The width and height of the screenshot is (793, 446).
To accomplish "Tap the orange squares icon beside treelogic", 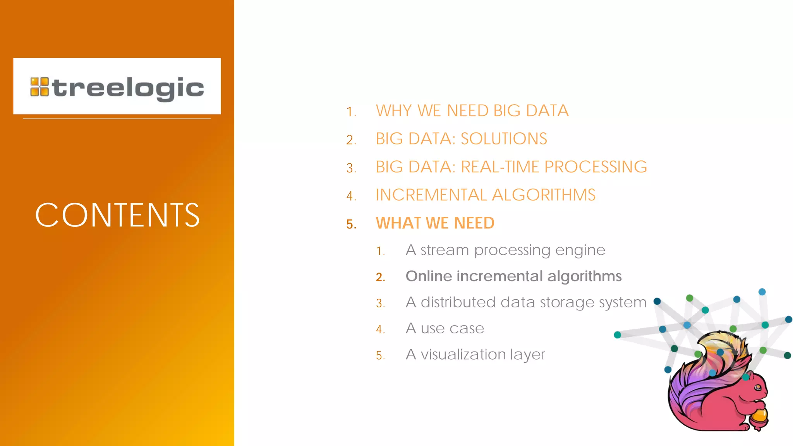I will coord(39,87).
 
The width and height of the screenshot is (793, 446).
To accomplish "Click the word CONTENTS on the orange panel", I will coord(117,215).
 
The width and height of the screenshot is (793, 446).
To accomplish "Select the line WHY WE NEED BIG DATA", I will coord(472,111).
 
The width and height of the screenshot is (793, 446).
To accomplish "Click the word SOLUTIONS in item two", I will coord(504,139).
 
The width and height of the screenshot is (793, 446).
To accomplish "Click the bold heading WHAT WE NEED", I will coord(435,223).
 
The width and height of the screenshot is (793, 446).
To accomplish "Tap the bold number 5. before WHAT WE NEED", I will coord(351,224).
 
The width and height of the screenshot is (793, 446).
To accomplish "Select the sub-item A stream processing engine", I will coord(505,250).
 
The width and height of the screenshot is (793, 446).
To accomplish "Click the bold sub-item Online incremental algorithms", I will coord(513,276).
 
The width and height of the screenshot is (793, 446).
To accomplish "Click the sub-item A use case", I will coord(445,328).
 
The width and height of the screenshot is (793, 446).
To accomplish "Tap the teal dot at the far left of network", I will coord(618,335).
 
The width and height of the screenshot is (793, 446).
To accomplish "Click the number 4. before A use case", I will coord(381,329).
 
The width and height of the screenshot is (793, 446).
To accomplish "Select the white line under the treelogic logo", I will coord(117,119).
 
